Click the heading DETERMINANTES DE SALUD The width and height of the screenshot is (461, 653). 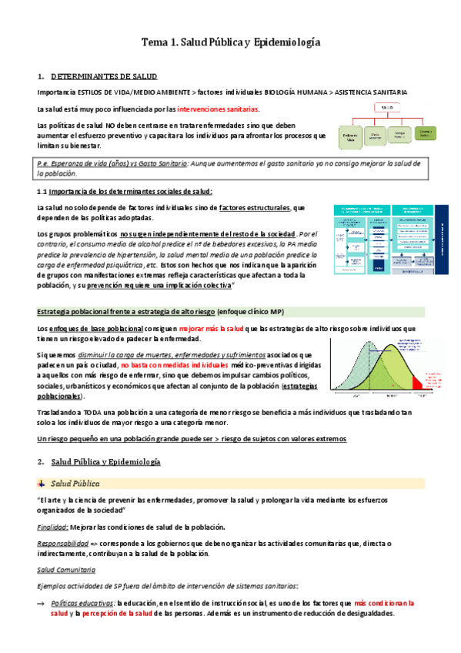pos(104,77)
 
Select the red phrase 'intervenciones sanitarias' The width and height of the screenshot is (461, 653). pos(219,109)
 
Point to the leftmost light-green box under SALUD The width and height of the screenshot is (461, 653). pos(351,136)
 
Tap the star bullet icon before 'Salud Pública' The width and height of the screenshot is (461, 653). pos(42,483)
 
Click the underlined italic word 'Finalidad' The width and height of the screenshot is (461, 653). pos(51,527)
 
